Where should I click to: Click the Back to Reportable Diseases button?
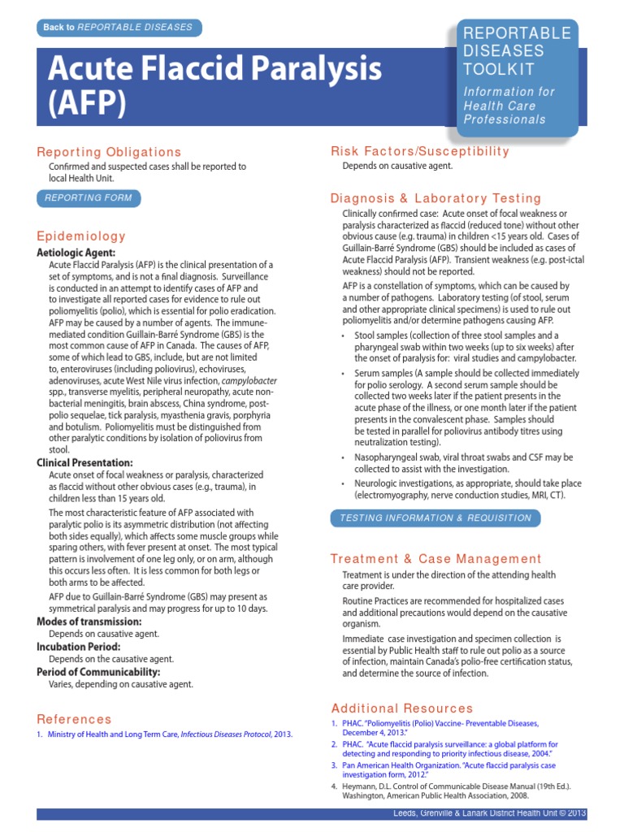(119, 28)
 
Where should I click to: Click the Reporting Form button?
(89, 197)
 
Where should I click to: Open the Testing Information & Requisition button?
(435, 518)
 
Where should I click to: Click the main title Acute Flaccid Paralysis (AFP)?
(214, 85)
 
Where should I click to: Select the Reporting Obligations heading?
(109, 152)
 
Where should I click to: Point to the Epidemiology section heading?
(81, 236)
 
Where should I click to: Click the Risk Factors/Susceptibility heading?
(420, 151)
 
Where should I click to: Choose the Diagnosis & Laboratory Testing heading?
(435, 198)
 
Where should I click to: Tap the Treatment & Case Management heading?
(435, 558)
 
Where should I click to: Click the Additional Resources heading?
(401, 708)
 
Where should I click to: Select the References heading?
(74, 719)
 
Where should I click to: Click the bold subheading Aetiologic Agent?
(82, 253)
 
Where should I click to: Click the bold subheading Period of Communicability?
(98, 672)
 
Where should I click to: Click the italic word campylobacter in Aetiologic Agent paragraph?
(249, 380)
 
